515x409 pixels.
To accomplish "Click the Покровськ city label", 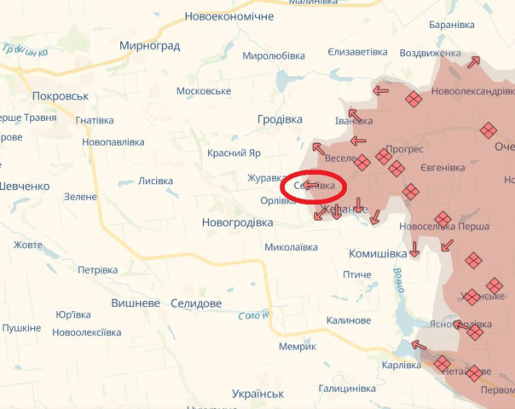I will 61,96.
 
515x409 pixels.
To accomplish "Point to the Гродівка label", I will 280,120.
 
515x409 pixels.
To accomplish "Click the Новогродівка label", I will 237,222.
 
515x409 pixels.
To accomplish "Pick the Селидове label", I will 196,303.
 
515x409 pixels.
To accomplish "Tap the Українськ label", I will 257,394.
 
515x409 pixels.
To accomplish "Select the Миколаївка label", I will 291,247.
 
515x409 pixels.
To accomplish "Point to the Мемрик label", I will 297,347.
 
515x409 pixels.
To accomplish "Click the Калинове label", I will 348,320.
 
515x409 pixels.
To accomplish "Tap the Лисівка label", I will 155,181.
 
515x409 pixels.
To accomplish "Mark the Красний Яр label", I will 234,153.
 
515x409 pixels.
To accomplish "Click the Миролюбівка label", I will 274,56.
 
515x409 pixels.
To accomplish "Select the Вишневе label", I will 136,303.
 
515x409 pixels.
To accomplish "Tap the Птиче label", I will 356,274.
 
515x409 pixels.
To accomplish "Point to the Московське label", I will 204,91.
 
